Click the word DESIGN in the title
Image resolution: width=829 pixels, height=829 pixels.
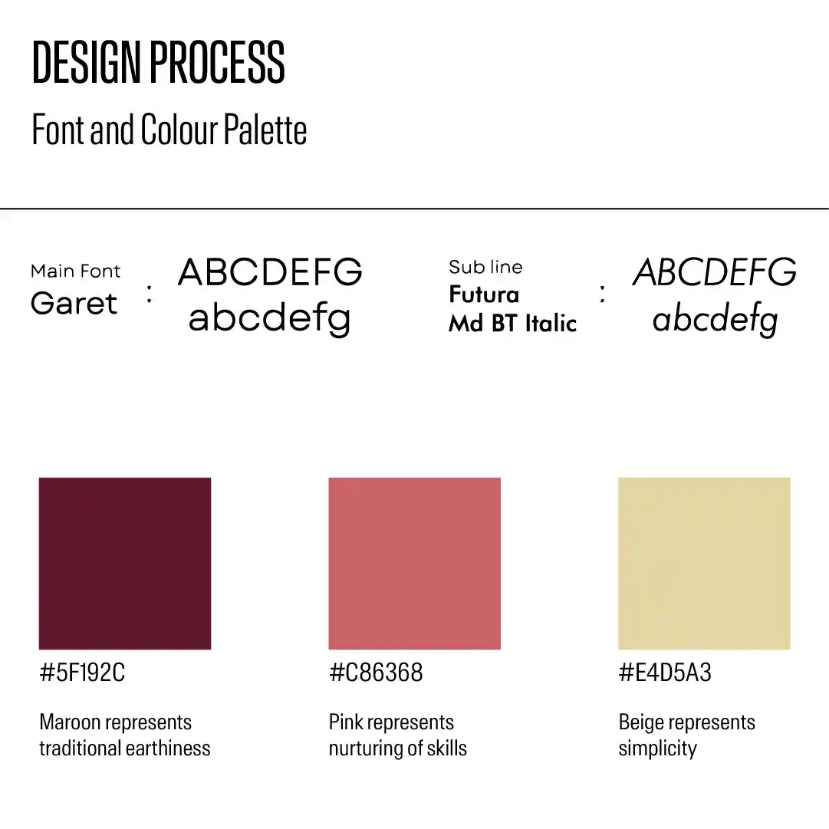87,62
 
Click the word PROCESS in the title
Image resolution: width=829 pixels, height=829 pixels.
218,62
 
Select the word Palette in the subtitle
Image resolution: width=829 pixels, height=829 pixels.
265,130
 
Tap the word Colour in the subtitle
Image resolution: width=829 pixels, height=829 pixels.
179,130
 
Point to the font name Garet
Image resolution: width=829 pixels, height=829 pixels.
74,303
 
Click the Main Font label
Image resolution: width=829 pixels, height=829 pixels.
76,271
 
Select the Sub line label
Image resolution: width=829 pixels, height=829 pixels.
485,267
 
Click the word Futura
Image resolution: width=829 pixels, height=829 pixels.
484,294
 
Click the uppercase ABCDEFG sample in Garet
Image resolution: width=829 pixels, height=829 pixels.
270,271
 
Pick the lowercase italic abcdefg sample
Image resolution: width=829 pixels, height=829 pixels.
715,319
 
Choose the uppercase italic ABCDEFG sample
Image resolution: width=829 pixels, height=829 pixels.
714,271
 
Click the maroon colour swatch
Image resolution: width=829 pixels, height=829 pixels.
125,564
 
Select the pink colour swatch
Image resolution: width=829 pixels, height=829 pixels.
414,564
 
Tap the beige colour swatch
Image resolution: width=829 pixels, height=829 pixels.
704,564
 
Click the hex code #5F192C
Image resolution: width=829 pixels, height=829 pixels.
82,673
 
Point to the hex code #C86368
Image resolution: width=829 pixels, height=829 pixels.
376,673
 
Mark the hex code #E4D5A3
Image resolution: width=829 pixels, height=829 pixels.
665,673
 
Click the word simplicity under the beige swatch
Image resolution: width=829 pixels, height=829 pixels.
658,749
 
